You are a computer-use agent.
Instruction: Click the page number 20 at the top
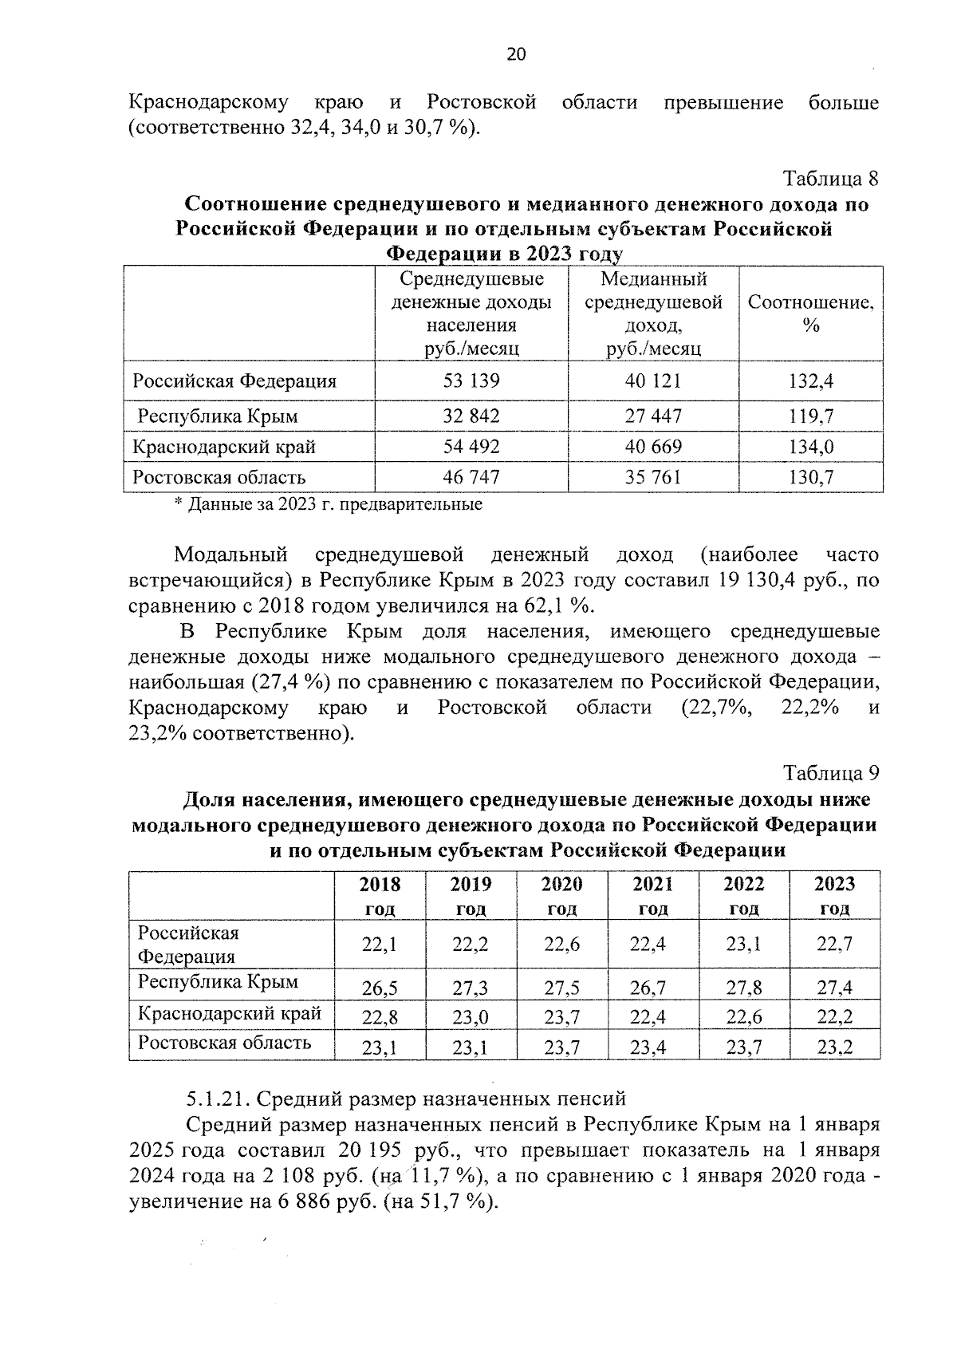click(516, 54)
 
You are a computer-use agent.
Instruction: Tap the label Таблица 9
click(832, 773)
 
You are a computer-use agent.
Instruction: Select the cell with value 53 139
click(471, 381)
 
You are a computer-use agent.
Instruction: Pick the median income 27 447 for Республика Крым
click(653, 416)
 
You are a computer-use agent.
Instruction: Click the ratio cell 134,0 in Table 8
click(811, 447)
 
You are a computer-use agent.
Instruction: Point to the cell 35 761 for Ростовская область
click(653, 477)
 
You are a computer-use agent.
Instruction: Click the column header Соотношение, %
click(811, 314)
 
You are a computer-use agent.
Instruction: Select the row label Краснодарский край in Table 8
click(224, 447)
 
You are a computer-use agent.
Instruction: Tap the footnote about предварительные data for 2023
click(328, 504)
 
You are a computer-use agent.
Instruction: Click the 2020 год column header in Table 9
click(562, 895)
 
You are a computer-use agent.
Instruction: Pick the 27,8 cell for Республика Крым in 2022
click(744, 988)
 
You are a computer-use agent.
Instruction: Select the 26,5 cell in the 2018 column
click(380, 989)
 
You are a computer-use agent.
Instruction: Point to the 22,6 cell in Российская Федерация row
click(562, 945)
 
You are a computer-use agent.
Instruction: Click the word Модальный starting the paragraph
click(230, 554)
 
